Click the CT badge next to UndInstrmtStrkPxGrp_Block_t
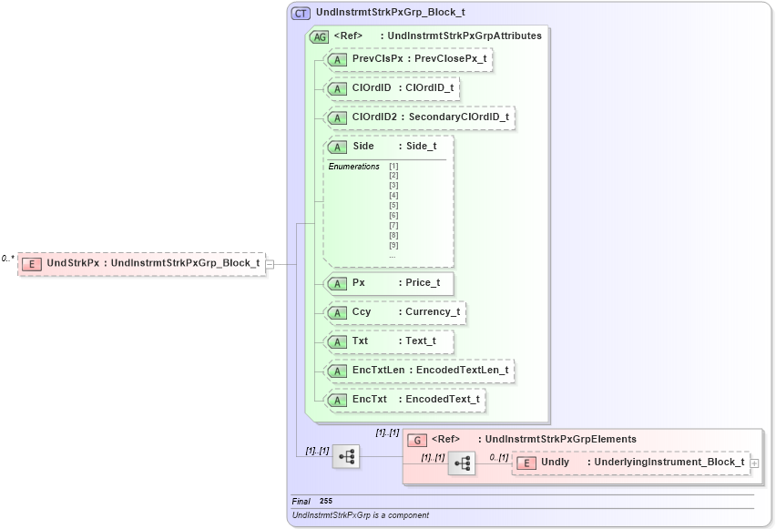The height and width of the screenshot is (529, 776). (x=301, y=14)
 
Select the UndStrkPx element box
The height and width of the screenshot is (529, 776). (x=141, y=264)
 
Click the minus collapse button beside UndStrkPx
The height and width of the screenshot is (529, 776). (x=271, y=264)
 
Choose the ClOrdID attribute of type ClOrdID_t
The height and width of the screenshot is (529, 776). (x=393, y=87)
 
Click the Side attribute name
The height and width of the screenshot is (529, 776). (x=363, y=146)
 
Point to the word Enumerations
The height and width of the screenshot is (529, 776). (x=353, y=167)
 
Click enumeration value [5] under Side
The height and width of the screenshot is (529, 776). (x=393, y=206)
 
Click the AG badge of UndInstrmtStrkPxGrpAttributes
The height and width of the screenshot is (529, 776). (x=320, y=36)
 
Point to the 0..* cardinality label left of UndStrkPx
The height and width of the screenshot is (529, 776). (x=8, y=259)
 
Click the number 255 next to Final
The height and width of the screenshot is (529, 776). (x=326, y=502)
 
